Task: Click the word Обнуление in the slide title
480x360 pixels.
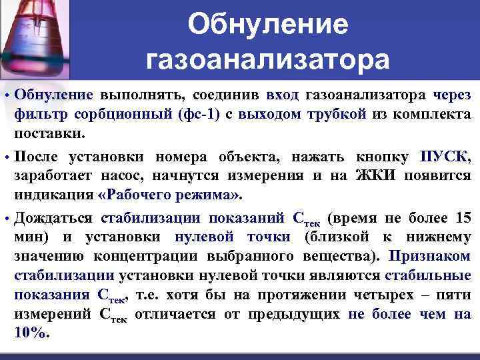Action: click(267, 25)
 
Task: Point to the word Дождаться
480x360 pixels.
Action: click(55, 219)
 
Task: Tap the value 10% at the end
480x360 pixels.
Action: click(31, 333)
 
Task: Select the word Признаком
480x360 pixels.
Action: click(430, 257)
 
